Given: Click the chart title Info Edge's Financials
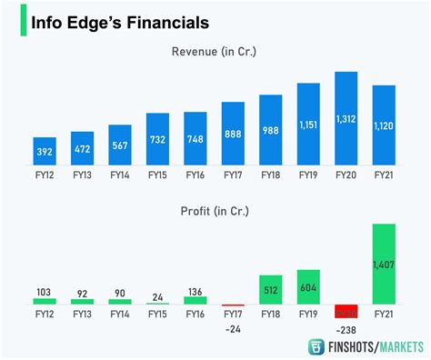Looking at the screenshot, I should [119, 21].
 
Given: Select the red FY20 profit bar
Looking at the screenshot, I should [346, 310].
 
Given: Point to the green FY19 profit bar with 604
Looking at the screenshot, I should [308, 286].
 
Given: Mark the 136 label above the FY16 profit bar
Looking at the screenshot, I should [195, 292].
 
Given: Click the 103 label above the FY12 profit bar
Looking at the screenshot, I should [45, 292].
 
